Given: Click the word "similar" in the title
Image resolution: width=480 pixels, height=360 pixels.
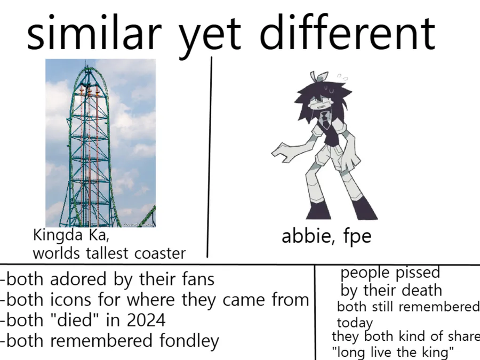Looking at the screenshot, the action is pyautogui.click(x=94, y=33).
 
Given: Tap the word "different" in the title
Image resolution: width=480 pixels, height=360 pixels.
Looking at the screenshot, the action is pyautogui.click(x=347, y=32).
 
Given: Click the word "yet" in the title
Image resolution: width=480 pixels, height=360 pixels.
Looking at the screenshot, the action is pyautogui.click(x=210, y=37).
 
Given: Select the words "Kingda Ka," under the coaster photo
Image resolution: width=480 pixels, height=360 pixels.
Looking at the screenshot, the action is pyautogui.click(x=71, y=235).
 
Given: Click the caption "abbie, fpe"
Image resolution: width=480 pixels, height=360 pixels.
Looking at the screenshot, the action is pyautogui.click(x=326, y=236).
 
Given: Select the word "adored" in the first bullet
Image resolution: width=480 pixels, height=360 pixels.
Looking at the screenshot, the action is pyautogui.click(x=78, y=279).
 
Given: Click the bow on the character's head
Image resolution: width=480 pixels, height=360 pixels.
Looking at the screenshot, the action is pyautogui.click(x=318, y=76).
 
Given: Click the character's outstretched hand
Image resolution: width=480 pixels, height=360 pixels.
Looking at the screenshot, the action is pyautogui.click(x=282, y=153).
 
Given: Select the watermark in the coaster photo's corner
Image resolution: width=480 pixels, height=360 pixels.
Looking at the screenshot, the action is pyautogui.click(x=139, y=225).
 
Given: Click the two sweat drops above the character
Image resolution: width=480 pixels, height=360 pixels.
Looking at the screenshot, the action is pyautogui.click(x=342, y=76).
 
